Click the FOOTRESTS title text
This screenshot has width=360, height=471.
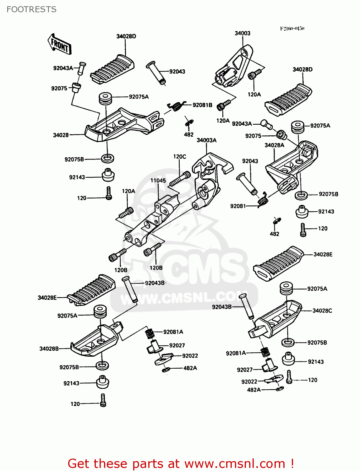click(x=31, y=9)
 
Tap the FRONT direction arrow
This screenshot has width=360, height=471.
click(x=59, y=45)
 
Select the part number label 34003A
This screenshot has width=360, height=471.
click(x=206, y=140)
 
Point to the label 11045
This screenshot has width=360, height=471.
click(x=158, y=181)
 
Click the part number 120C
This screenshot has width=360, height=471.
click(x=179, y=157)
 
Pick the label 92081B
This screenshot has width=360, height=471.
click(x=202, y=105)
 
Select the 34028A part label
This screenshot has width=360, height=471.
click(x=274, y=145)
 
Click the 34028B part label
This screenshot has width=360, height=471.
click(x=49, y=349)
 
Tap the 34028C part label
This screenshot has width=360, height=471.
click(x=322, y=311)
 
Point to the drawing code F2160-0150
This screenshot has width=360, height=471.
click(x=292, y=28)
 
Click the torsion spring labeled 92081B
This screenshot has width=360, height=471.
click(x=176, y=106)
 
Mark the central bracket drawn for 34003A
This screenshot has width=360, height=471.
click(x=207, y=182)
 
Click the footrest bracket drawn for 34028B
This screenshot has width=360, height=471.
click(x=94, y=341)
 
